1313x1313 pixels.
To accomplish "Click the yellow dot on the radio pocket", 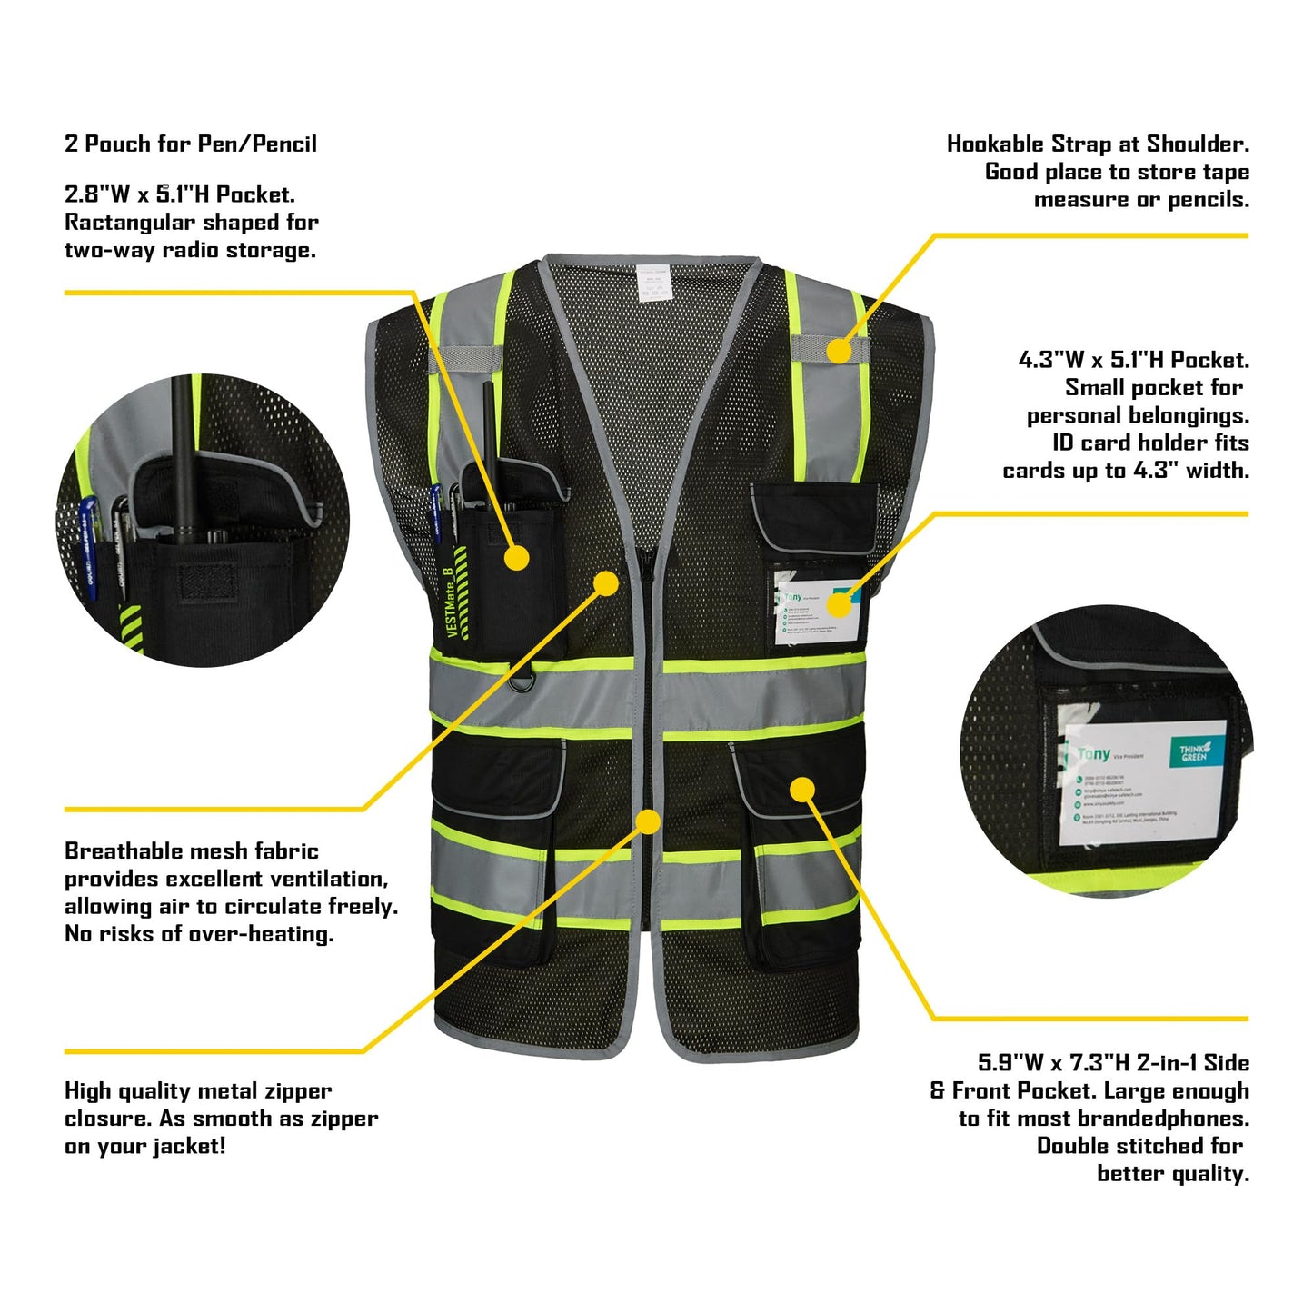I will click(x=516, y=558).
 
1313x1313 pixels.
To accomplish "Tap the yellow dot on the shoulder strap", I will click(x=839, y=351).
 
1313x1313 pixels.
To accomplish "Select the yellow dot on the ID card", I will click(x=841, y=603).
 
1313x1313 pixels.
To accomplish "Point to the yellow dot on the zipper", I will click(x=647, y=822).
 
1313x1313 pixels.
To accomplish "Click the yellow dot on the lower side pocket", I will click(x=801, y=790).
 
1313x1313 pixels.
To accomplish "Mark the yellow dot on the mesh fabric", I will click(x=606, y=582).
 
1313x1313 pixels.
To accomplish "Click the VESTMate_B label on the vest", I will click(x=449, y=602).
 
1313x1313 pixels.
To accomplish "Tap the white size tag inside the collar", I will click(x=650, y=283).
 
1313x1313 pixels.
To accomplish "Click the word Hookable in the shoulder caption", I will click(x=995, y=144).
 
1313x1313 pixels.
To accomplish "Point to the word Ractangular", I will click(x=130, y=223).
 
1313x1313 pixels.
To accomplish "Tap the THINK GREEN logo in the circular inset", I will click(x=1194, y=752).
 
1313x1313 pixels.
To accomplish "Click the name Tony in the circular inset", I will click(x=1093, y=754).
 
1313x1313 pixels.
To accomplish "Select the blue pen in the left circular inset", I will click(x=88, y=545).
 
